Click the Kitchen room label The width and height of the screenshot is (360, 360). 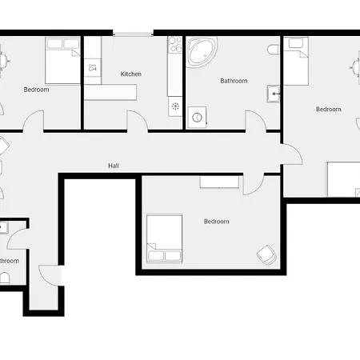(131, 74)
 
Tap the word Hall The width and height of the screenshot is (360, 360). (114, 166)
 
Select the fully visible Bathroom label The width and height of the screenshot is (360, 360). (234, 81)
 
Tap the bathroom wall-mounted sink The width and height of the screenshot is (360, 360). (275, 94)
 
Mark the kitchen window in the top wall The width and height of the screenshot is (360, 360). (133, 34)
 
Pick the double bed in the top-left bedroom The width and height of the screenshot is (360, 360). (61, 61)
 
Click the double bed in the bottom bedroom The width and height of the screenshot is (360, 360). (166, 238)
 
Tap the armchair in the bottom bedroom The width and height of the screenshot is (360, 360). (266, 254)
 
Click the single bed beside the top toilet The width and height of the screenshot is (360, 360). (298, 61)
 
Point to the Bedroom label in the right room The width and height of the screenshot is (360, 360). (328, 110)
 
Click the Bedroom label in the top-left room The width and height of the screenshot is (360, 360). (36, 90)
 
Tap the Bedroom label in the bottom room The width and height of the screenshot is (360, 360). (216, 222)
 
